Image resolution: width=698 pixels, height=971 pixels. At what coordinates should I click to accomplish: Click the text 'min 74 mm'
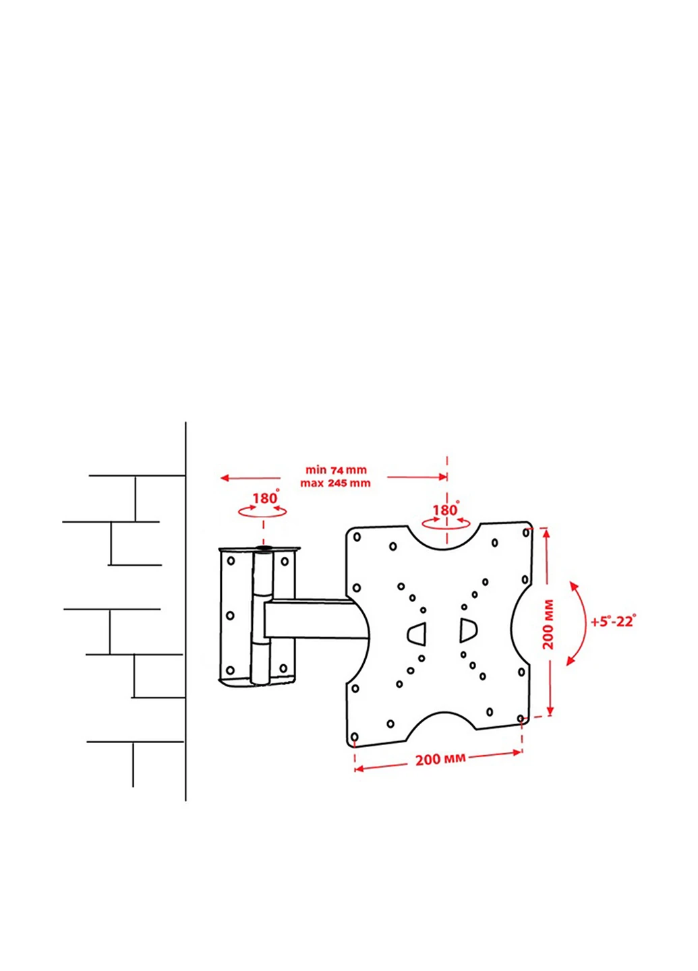pyautogui.click(x=336, y=470)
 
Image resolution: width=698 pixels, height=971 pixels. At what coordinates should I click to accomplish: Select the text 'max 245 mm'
pyautogui.click(x=336, y=483)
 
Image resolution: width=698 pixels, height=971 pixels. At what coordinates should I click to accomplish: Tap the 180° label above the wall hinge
pyautogui.click(x=265, y=498)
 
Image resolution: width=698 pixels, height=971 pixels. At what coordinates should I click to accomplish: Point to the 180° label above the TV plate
pyautogui.click(x=446, y=510)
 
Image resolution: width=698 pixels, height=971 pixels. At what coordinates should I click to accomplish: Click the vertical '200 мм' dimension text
pyautogui.click(x=549, y=624)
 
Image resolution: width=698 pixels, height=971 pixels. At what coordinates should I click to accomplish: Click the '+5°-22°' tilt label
pyautogui.click(x=614, y=621)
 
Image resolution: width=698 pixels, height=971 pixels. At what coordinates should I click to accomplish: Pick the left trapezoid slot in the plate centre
pyautogui.click(x=417, y=634)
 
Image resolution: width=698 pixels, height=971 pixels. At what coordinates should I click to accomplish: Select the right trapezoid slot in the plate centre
pyautogui.click(x=468, y=630)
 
